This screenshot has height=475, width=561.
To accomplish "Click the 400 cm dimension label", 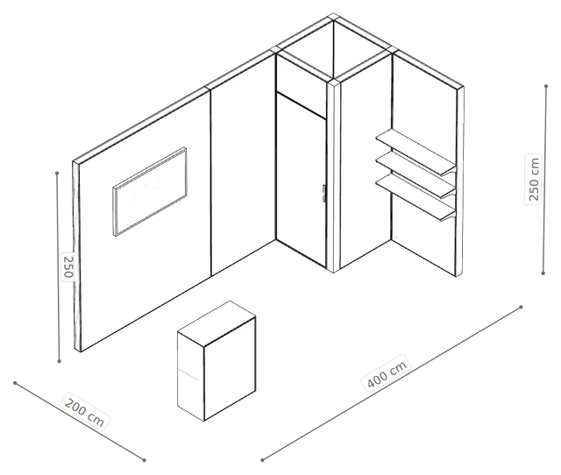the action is click(x=387, y=373).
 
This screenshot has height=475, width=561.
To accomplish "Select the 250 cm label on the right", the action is click(x=533, y=179).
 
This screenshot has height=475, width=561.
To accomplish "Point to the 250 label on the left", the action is click(x=68, y=266).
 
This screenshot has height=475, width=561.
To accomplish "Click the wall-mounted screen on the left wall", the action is click(x=150, y=191).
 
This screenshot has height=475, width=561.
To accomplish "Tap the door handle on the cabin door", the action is click(x=323, y=193).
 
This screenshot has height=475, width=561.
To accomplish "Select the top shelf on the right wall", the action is click(x=416, y=152).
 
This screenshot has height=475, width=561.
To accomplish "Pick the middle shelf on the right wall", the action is click(x=416, y=174).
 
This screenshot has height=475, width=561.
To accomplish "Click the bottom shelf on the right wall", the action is click(x=416, y=196).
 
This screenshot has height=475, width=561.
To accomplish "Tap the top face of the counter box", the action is click(x=217, y=323).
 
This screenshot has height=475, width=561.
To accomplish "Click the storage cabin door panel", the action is click(x=302, y=180).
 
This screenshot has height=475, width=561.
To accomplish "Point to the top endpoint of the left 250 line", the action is click(x=57, y=174).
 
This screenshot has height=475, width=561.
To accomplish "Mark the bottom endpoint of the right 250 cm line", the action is click(x=543, y=273).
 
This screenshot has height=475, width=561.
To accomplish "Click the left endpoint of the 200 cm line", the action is click(x=15, y=383).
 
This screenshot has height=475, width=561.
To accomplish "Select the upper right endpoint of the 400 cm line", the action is click(x=521, y=307).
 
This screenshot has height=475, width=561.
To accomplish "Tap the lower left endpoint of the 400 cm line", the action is click(x=262, y=460).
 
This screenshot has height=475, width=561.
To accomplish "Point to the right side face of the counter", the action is click(x=230, y=368).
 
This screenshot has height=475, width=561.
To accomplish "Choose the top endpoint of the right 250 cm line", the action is click(x=546, y=86).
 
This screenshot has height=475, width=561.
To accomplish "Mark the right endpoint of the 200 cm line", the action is click(x=144, y=460).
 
